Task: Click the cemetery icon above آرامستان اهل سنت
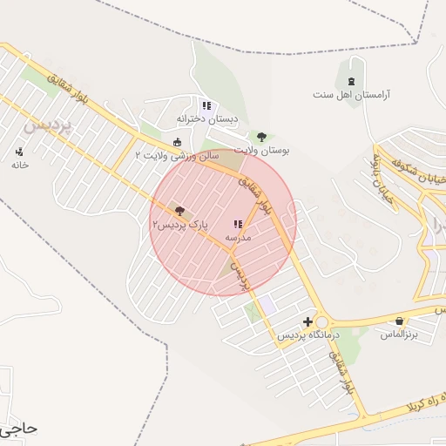point(351,70)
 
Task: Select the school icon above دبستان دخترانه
point(206,105)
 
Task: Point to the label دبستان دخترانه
point(207,118)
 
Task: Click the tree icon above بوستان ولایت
point(261,137)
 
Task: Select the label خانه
point(19,165)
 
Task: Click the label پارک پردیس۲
point(180,224)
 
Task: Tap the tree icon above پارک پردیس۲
point(180,211)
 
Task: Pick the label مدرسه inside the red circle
point(238,237)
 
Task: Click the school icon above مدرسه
point(238,225)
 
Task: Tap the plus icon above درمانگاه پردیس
point(307,321)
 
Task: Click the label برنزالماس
point(400,334)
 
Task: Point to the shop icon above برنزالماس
point(400,321)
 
